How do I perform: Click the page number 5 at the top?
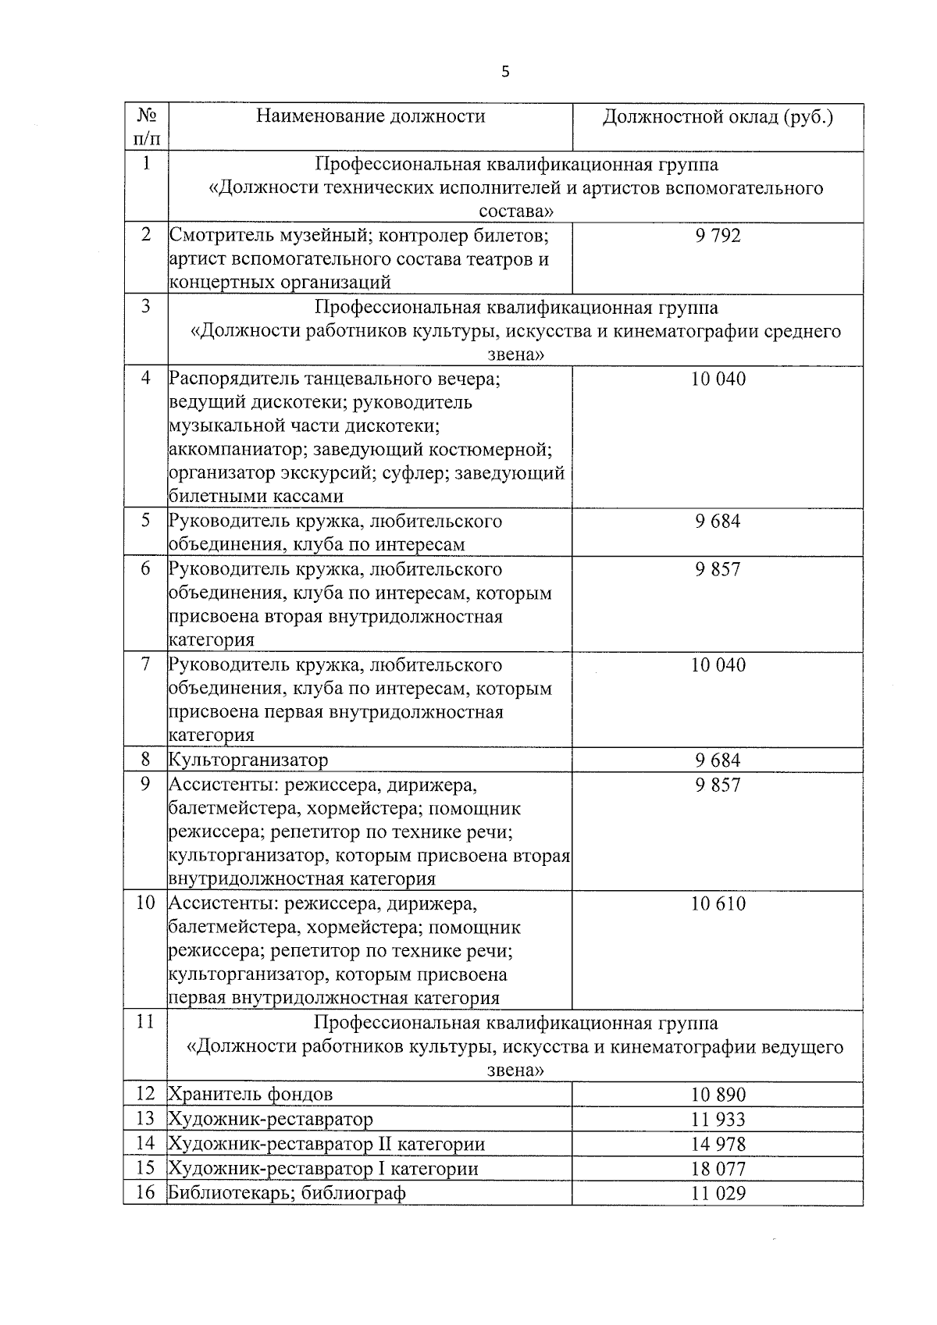[x=505, y=72]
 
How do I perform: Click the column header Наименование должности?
[x=371, y=117]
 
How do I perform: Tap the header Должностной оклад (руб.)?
[x=718, y=117]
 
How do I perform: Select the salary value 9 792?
[x=718, y=236]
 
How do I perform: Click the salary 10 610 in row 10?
[x=718, y=904]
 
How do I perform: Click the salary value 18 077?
[x=718, y=1169]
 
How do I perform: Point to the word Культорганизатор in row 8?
[x=248, y=760]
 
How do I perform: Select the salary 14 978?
[x=718, y=1145]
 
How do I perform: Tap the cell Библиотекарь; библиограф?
[x=287, y=1193]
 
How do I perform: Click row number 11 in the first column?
[x=145, y=1022]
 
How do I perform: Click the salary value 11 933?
[x=718, y=1120]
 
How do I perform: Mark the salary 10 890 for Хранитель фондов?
[x=718, y=1095]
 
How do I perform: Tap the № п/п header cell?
[x=146, y=127]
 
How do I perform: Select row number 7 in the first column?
[x=145, y=665]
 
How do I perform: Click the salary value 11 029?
[x=718, y=1193]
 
